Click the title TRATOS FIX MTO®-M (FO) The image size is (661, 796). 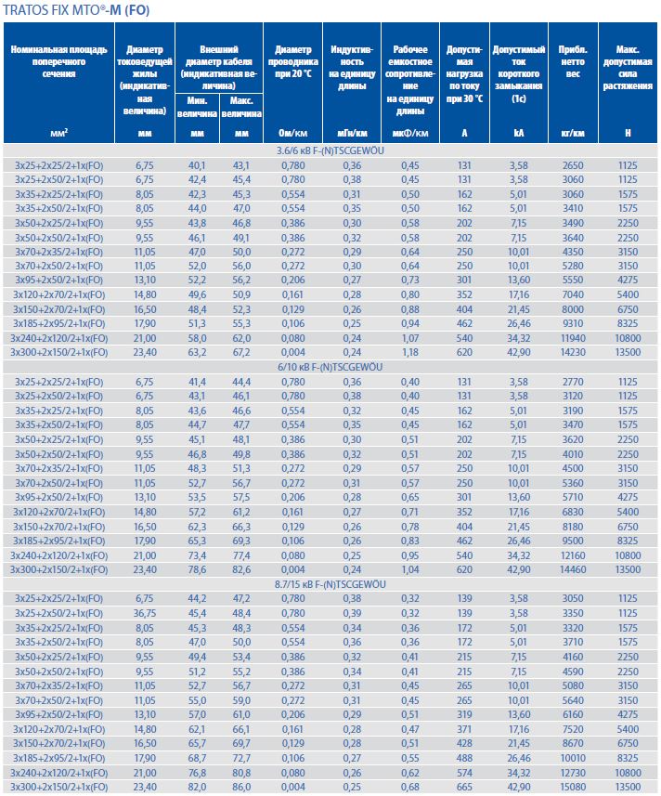click(75, 11)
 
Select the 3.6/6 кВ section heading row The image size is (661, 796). click(330, 150)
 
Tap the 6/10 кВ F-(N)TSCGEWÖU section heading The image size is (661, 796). click(330, 368)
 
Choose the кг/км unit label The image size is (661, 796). click(572, 134)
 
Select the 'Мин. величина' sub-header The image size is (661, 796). click(196, 106)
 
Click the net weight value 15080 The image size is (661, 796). click(572, 788)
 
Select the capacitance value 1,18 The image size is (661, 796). click(409, 353)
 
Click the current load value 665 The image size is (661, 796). click(464, 788)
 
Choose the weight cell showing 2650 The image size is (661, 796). click(572, 164)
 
